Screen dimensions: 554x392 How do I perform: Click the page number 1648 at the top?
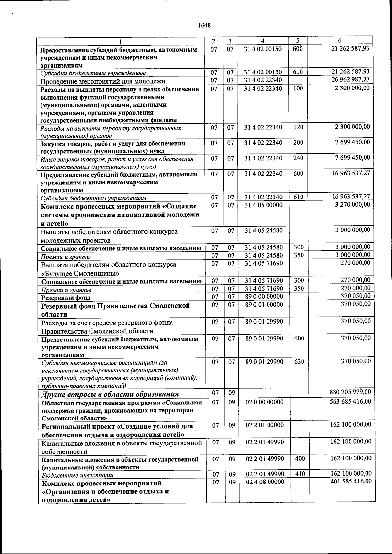point(204,25)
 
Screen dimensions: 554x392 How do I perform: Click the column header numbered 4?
point(263,41)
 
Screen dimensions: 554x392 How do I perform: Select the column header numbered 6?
point(340,40)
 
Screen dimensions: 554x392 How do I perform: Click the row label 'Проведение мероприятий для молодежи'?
point(103,81)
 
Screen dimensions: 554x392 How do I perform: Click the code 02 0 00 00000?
point(264,402)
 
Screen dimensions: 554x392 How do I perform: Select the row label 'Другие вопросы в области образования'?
point(110,394)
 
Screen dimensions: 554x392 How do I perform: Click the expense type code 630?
point(299,362)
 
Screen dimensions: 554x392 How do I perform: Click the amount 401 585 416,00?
point(351,482)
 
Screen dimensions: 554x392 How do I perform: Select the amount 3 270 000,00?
point(353,204)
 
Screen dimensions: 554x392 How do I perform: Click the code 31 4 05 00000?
point(263,205)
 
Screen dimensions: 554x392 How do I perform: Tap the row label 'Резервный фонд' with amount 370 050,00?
point(65,298)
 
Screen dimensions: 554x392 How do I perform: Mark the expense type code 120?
point(298,127)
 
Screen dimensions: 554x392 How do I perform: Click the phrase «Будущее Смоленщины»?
point(80,273)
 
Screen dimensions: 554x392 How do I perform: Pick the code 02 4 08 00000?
point(265,482)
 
